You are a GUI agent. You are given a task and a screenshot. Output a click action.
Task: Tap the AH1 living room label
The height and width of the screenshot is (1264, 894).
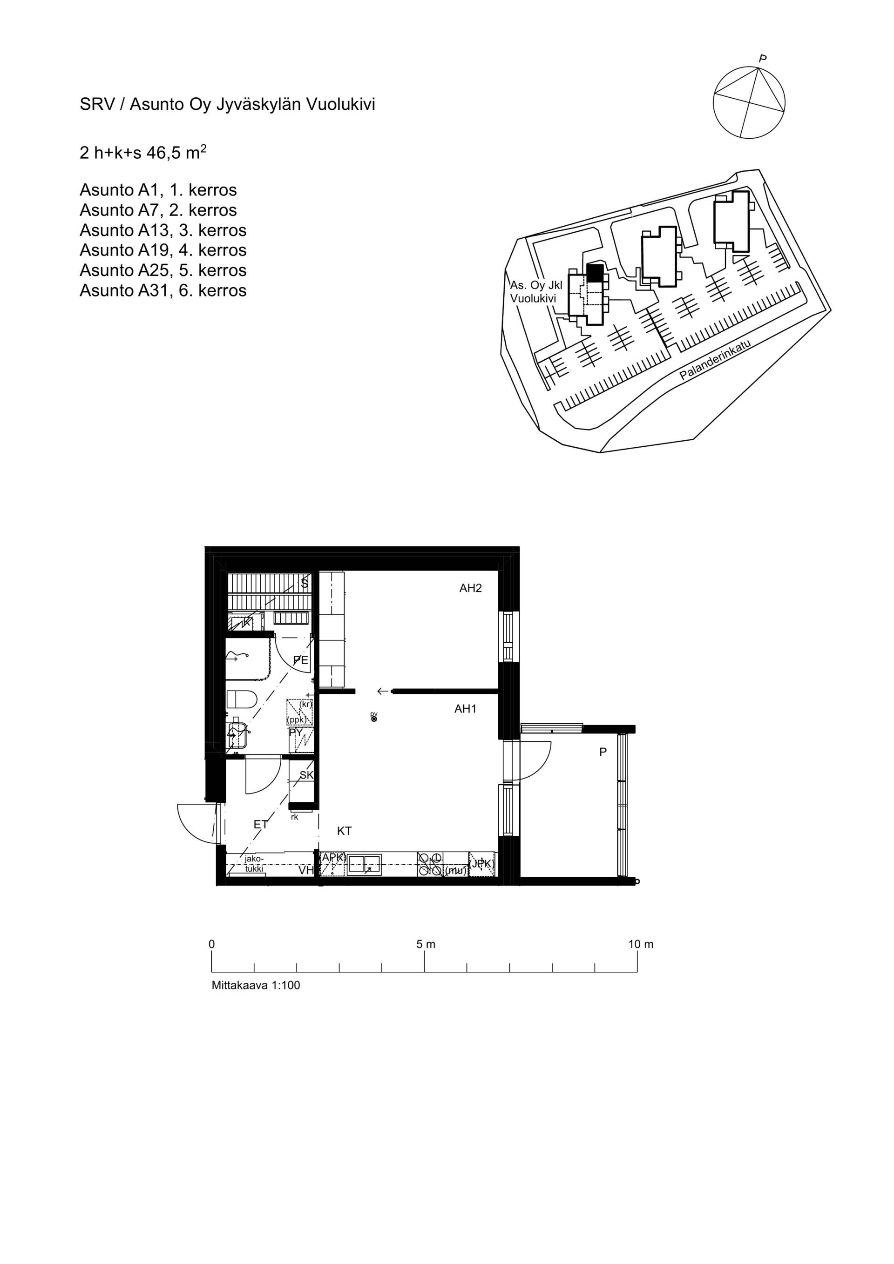466,709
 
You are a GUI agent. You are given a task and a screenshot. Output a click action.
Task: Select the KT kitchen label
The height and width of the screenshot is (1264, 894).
344,831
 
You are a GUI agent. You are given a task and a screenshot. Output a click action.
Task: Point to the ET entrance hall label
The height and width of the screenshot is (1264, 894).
261,824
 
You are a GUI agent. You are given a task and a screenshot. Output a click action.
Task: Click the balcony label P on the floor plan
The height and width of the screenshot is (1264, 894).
603,752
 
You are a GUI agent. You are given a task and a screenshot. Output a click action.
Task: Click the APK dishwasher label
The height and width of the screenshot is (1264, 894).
333,857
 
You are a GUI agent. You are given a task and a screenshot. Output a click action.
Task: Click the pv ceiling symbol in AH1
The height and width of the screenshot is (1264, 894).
374,716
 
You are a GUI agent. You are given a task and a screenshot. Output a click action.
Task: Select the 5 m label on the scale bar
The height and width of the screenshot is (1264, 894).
425,944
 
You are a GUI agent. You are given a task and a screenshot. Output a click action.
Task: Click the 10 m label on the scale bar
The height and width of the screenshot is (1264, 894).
641,944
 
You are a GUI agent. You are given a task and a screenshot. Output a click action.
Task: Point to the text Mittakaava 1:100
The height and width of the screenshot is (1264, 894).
256,985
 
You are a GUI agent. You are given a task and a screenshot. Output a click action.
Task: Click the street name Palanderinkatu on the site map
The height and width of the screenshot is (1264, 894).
715,359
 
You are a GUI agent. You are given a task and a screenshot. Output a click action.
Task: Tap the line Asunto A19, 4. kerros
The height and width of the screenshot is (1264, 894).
163,250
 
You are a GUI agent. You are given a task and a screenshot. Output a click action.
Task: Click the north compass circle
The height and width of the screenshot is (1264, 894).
749,103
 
